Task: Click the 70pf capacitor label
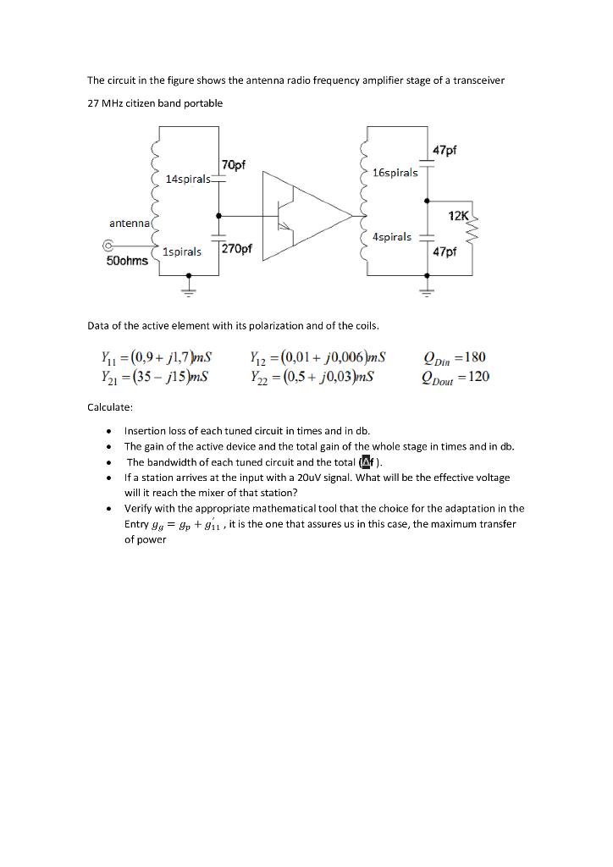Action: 232,163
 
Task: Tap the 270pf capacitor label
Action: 235,249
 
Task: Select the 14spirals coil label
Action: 187,179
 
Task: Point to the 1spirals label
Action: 182,251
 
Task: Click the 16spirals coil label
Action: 395,173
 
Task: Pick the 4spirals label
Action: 392,237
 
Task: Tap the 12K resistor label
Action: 458,216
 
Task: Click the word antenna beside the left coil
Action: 129,223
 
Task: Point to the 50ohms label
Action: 127,261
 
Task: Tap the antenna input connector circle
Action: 107,246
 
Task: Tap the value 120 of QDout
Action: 478,377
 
